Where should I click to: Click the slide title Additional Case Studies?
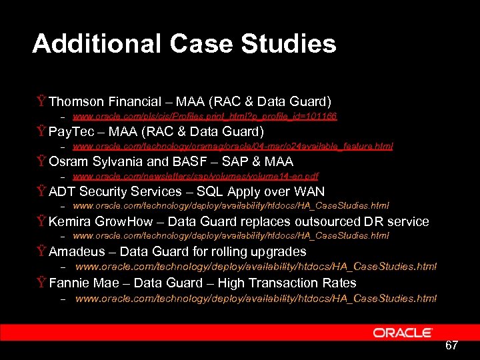coord(184,44)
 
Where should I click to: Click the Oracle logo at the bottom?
coord(403,332)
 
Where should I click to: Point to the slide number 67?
coord(451,345)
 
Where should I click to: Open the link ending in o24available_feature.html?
coord(233,146)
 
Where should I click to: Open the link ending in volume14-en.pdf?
coord(195,177)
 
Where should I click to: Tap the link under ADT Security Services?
coord(231,206)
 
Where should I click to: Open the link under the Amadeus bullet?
coord(256,267)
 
